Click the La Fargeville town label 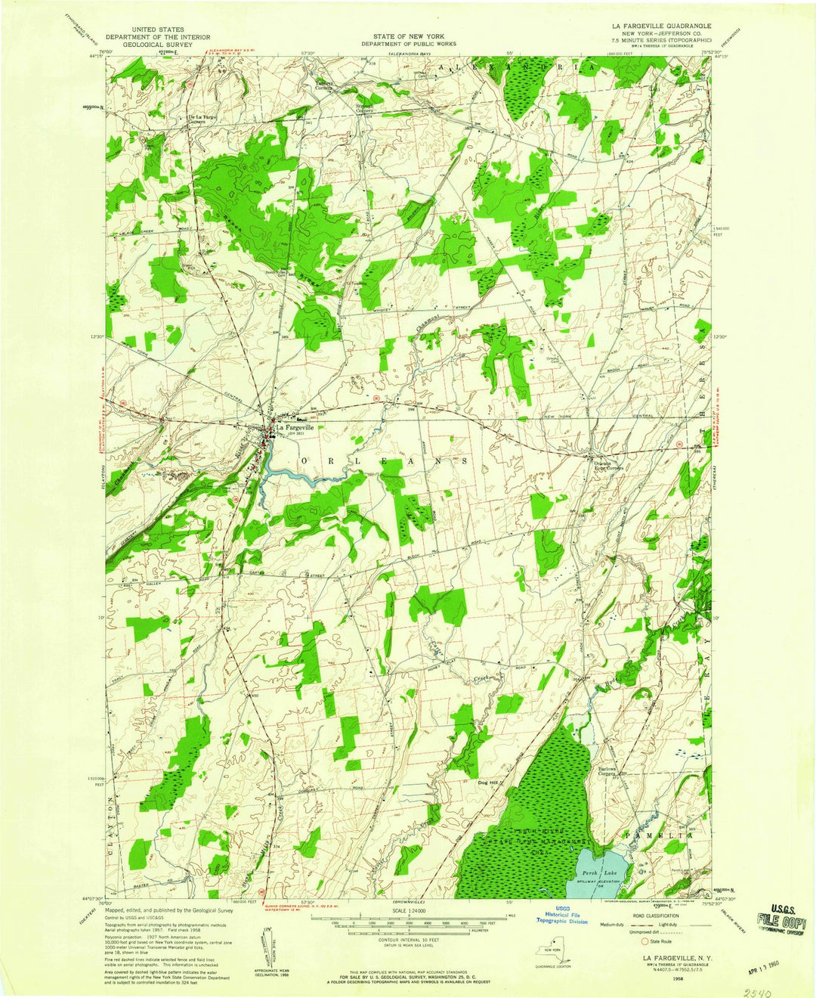pos(295,428)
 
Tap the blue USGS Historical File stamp pos(562,916)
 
